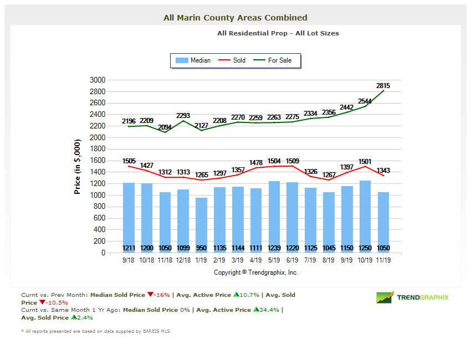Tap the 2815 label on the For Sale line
click(383, 86)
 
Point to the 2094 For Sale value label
click(165, 127)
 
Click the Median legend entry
click(193, 60)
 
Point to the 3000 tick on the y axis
click(97, 80)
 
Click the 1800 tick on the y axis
click(97, 149)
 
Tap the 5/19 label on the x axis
click(275, 260)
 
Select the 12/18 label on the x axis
click(183, 260)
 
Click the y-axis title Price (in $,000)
click(78, 166)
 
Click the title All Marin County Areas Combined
click(235, 18)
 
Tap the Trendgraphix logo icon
click(385, 297)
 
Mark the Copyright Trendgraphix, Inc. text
click(256, 272)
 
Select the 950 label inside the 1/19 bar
click(201, 248)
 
